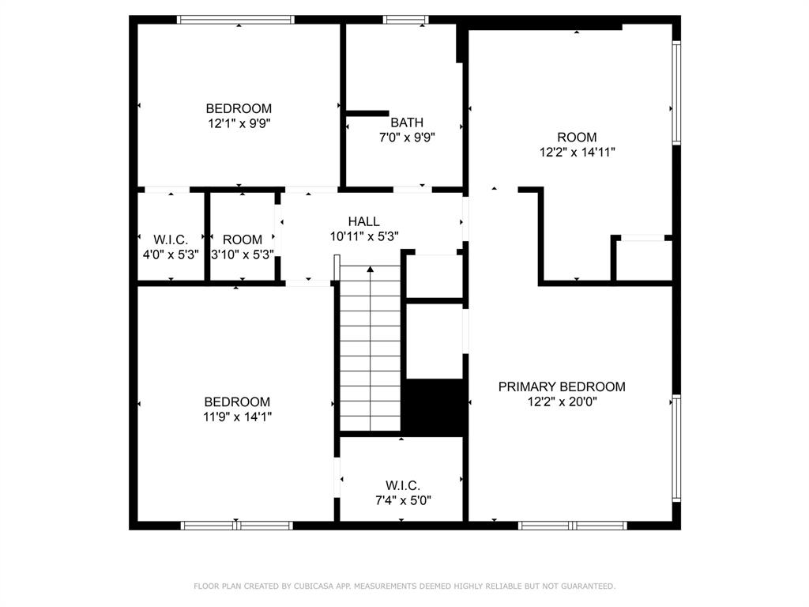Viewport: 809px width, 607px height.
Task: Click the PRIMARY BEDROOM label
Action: click(562, 386)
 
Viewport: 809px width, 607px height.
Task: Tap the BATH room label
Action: click(407, 123)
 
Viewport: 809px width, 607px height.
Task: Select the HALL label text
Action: click(363, 221)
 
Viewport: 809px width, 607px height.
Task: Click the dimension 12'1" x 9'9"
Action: click(239, 123)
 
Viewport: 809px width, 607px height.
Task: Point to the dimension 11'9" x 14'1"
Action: click(237, 417)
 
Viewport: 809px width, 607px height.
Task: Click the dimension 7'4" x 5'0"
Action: click(402, 500)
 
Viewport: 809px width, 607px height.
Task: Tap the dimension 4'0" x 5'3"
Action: click(171, 254)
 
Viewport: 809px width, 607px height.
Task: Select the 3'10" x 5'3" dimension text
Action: click(242, 254)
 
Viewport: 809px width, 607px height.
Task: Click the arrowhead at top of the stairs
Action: click(370, 270)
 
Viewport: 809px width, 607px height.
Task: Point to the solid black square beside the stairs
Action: click(434, 406)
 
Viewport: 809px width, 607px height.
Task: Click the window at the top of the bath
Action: click(405, 20)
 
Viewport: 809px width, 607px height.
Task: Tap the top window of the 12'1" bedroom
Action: click(235, 20)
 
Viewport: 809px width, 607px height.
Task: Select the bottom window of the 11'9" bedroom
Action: click(237, 525)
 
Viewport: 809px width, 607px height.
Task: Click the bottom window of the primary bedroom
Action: click(573, 525)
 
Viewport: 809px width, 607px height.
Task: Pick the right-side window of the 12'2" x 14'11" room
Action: click(675, 92)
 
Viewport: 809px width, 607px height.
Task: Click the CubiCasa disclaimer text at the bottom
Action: click(404, 586)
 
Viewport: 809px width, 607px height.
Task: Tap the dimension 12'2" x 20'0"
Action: click(562, 402)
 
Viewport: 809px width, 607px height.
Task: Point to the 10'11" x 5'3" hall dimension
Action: click(363, 236)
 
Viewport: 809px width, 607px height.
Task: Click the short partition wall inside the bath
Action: click(367, 113)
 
